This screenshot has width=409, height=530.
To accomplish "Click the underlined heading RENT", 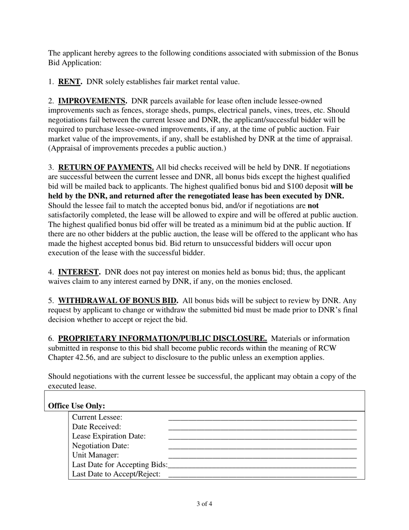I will tap(70, 82).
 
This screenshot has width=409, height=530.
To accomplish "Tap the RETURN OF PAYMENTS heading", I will tap(106, 167).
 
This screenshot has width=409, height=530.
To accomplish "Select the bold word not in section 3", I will tap(313, 205).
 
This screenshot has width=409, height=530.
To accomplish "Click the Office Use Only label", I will tap(77, 406).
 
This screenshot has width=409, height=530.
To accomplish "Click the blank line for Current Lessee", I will tap(262, 418).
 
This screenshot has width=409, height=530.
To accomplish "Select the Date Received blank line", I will tap(262, 427).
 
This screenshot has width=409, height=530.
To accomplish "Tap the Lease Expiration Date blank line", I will tap(262, 436).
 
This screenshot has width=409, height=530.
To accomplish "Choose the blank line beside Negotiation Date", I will tap(262, 446).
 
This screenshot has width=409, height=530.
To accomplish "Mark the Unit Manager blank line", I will tap(262, 455).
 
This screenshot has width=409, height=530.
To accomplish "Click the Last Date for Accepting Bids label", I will tap(120, 465).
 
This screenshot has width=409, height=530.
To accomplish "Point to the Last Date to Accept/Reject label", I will tap(116, 474).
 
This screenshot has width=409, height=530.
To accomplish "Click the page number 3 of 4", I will tap(204, 503).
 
